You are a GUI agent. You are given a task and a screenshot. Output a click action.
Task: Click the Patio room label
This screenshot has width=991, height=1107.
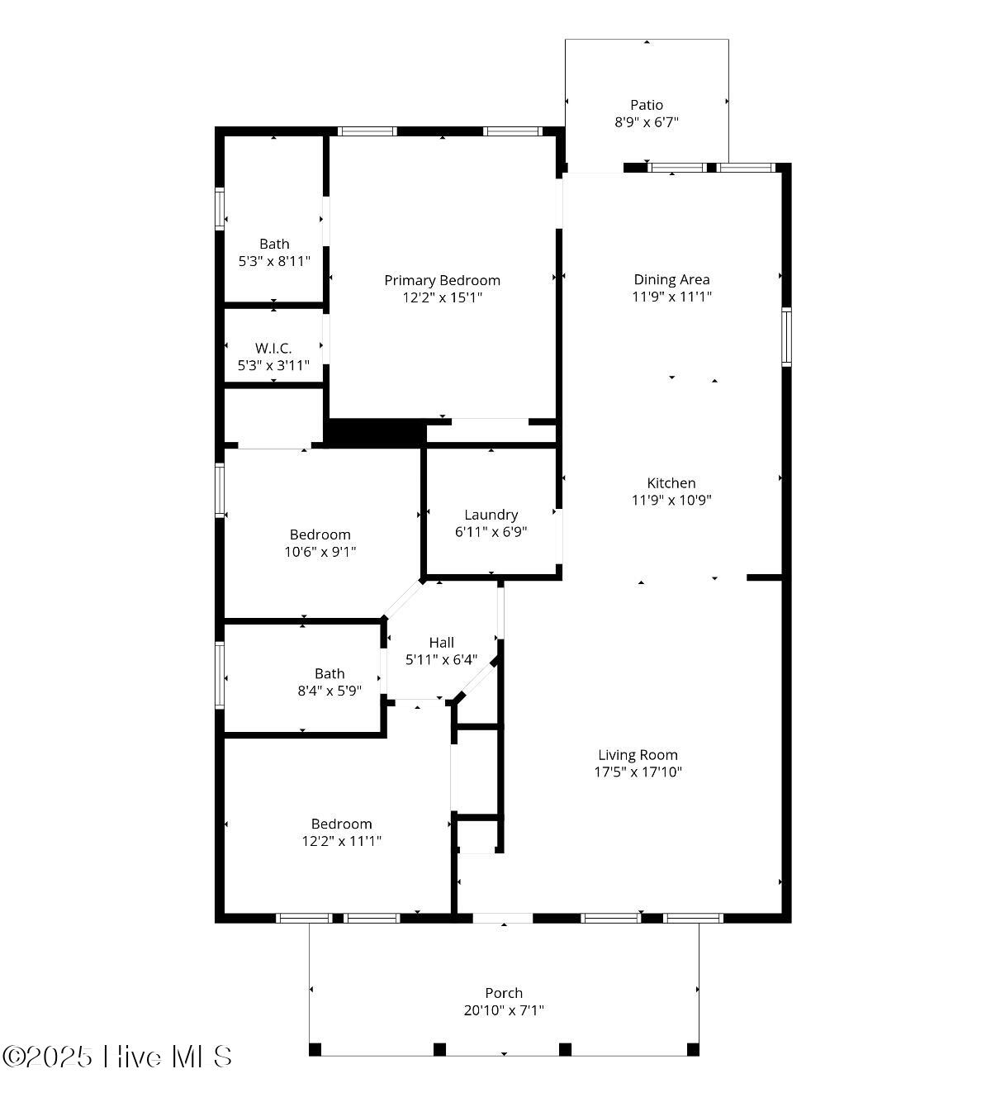(x=647, y=105)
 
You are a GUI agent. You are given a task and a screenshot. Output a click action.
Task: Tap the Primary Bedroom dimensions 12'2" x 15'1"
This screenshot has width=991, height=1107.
(x=442, y=297)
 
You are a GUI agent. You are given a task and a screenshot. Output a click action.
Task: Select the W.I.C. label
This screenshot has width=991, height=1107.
(x=273, y=348)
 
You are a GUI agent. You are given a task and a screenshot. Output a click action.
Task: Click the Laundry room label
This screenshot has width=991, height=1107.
(x=491, y=515)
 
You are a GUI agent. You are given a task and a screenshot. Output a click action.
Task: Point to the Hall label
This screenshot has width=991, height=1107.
(x=441, y=642)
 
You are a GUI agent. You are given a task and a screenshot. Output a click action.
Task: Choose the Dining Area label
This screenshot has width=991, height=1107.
(x=671, y=279)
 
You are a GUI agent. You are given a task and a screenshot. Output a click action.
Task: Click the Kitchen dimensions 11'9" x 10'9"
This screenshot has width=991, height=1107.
(x=671, y=500)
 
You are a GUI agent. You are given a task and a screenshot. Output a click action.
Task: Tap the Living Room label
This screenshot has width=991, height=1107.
(x=638, y=754)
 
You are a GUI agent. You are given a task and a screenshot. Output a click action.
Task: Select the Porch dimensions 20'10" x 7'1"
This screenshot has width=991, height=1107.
(x=504, y=1010)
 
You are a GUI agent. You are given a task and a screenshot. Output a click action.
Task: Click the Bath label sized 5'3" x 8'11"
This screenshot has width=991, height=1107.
(x=274, y=244)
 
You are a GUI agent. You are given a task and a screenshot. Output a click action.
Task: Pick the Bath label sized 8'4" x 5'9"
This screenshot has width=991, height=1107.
(x=330, y=673)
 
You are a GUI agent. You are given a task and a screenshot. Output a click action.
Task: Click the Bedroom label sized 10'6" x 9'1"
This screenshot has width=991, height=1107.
(x=320, y=534)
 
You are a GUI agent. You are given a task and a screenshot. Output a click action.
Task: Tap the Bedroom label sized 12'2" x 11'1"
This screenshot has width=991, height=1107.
(x=341, y=824)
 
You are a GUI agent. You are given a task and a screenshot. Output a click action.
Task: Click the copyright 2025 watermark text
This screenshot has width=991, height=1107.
(x=117, y=1057)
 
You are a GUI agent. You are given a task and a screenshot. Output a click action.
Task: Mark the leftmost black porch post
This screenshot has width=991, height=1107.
(x=315, y=1049)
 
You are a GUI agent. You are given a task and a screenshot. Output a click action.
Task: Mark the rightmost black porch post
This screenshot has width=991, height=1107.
(x=693, y=1049)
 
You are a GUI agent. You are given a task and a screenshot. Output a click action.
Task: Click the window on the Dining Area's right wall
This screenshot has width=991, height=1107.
(x=786, y=336)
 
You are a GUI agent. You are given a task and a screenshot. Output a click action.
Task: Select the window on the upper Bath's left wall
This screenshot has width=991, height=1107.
(x=220, y=208)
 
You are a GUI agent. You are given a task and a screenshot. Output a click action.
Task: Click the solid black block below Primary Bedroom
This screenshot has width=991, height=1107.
(x=376, y=432)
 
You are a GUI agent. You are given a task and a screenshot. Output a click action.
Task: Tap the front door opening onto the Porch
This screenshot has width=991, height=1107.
(x=502, y=918)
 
